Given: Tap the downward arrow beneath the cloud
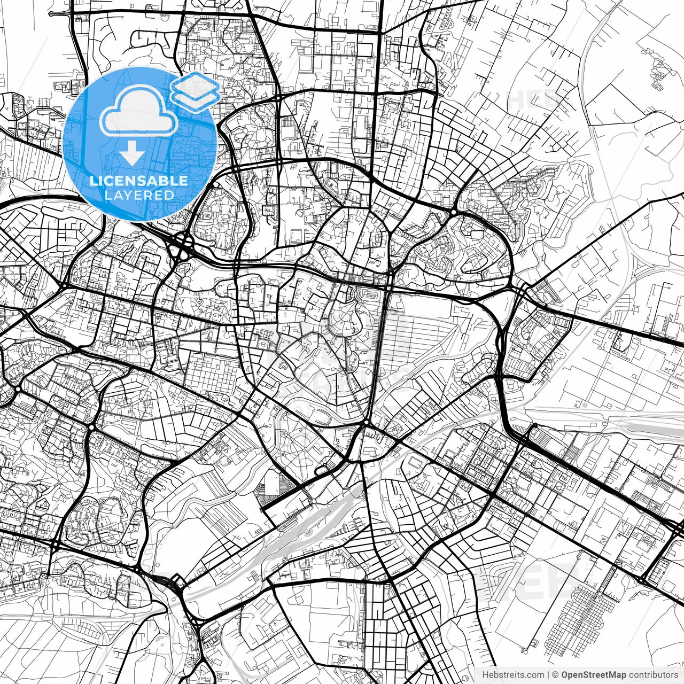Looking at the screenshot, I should [131, 154].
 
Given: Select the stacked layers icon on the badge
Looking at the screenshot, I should [196, 91].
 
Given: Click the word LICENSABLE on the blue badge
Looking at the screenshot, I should [139, 181].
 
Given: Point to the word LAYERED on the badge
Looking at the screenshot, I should [139, 195].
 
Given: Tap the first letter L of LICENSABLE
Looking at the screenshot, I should [93, 181].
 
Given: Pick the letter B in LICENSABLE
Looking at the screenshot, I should [164, 181].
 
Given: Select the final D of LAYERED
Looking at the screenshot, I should [169, 195].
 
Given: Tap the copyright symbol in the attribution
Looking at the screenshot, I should [556, 675].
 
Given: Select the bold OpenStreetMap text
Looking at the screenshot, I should [593, 675].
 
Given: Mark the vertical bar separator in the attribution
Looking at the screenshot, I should [549, 675].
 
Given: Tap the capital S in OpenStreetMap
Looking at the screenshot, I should [587, 675].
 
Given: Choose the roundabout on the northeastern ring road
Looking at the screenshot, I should [453, 212].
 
